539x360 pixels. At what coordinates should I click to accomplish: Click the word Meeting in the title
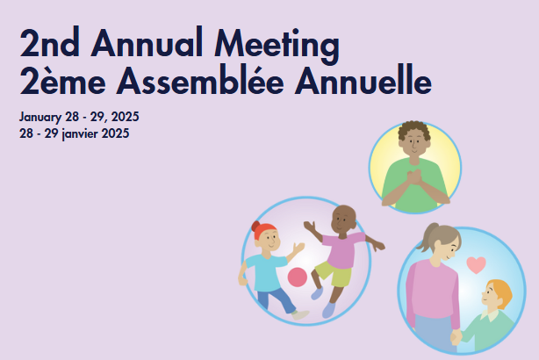(277, 45)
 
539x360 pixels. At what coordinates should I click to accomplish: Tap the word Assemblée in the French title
(200, 80)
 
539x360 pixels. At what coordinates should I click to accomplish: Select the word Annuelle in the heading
(363, 80)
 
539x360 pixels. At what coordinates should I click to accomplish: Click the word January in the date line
(40, 118)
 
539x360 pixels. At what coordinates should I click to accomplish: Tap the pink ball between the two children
(297, 277)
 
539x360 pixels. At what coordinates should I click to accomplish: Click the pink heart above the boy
(476, 265)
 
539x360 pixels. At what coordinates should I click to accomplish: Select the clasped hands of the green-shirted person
(414, 176)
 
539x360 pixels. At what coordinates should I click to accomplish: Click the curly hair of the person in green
(414, 129)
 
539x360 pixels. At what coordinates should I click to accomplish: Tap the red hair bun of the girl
(255, 227)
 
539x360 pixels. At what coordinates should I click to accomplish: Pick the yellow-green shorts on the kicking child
(334, 273)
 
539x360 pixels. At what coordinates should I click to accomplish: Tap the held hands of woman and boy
(456, 337)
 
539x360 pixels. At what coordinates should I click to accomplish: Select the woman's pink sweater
(433, 290)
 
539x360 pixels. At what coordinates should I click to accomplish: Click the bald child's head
(342, 220)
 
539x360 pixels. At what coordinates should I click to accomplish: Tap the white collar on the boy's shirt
(490, 315)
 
